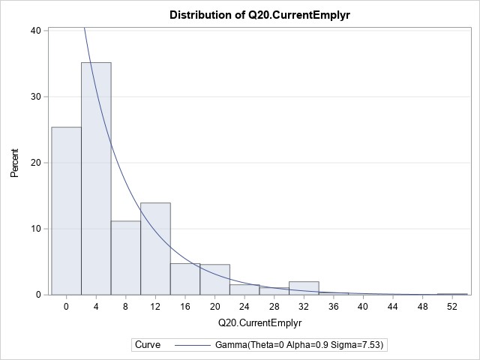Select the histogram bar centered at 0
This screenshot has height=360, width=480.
coord(66,211)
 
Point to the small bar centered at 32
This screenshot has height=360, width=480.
coord(304,288)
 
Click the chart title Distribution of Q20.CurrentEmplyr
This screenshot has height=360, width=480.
coord(259,15)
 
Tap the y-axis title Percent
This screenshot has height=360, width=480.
coord(14,162)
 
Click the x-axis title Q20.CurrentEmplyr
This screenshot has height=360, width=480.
coord(259,323)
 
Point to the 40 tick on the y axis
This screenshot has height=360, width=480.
coord(35,31)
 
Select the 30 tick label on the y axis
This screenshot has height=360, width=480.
coord(35,97)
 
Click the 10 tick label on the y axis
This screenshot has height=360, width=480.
coord(35,229)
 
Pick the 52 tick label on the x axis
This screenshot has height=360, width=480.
coord(451,307)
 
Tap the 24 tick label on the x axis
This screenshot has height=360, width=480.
coord(244,307)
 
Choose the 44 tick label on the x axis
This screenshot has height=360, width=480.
coord(392,307)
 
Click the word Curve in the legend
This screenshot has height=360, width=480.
coord(147,344)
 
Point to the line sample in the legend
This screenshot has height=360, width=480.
coord(196,344)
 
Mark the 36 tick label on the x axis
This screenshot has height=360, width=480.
coord(333,307)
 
